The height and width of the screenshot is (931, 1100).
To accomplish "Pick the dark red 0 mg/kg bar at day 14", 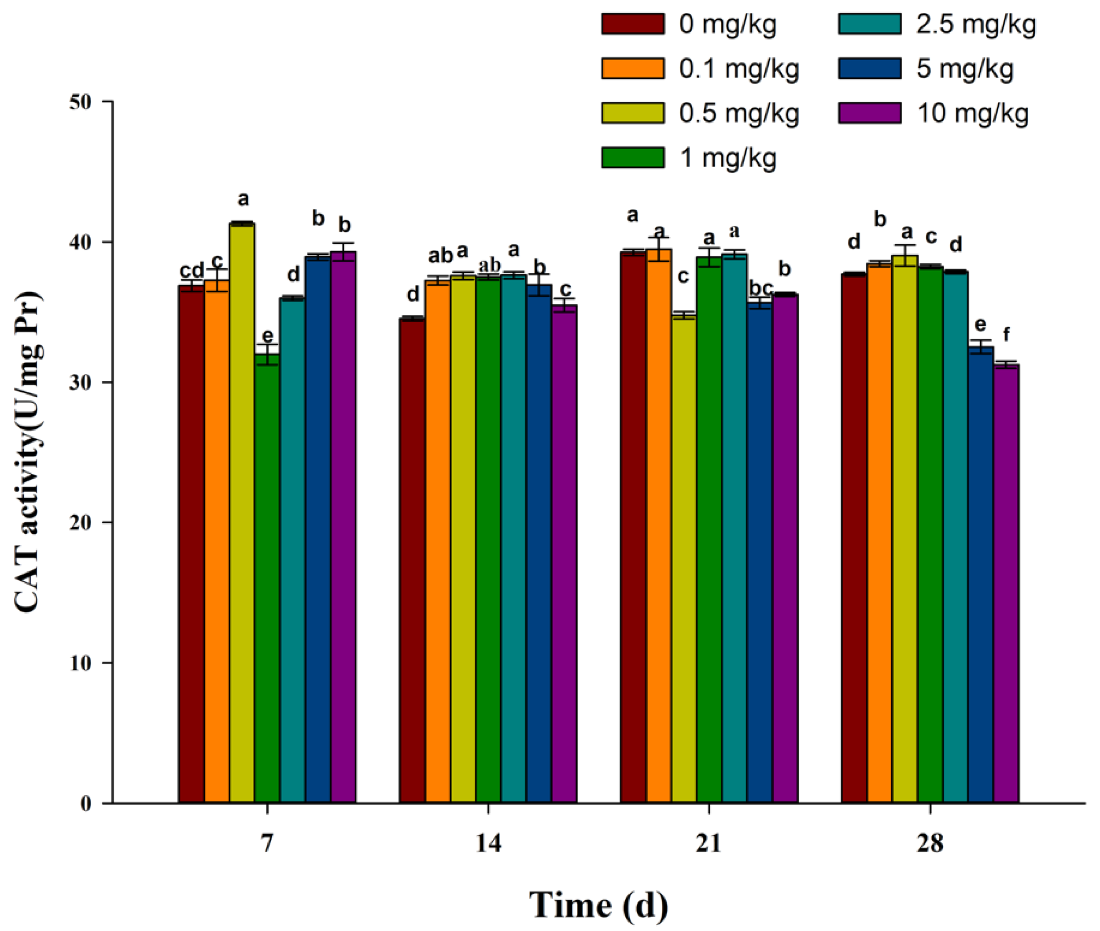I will [x=412, y=559].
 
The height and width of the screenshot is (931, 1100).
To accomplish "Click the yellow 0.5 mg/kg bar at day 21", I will [x=683, y=559].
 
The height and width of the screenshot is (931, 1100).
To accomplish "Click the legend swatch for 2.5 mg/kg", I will [x=870, y=24].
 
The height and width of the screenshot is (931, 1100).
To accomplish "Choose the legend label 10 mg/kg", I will [x=973, y=113].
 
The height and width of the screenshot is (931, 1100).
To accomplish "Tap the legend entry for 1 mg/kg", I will [x=728, y=158].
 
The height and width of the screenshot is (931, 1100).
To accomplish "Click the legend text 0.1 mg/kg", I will [x=739, y=69].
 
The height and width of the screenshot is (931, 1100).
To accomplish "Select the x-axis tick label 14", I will [x=488, y=843].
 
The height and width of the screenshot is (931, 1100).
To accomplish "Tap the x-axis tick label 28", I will [x=930, y=843].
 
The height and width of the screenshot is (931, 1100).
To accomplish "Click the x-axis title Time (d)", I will [x=598, y=905].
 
